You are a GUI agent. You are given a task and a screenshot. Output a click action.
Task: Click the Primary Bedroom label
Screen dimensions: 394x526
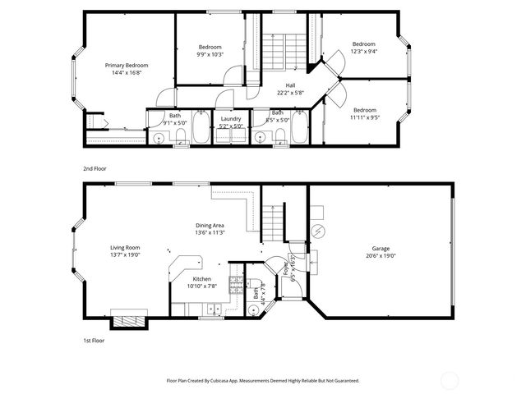click(126, 64)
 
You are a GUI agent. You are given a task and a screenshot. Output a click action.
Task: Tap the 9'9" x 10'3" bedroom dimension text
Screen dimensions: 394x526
click(210, 54)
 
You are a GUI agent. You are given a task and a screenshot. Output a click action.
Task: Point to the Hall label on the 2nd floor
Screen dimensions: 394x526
click(290, 85)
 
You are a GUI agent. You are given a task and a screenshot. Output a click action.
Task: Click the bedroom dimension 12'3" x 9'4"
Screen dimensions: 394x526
click(363, 51)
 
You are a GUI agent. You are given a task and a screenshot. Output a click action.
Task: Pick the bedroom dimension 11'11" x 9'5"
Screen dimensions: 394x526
click(364, 117)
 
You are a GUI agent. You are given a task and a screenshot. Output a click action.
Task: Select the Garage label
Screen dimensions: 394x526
click(380, 248)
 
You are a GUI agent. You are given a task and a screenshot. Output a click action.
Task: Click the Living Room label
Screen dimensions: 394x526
click(126, 248)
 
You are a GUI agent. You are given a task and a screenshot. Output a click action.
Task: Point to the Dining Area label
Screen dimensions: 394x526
click(210, 225)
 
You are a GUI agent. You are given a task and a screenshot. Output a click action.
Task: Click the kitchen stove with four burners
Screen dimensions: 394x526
click(235, 285)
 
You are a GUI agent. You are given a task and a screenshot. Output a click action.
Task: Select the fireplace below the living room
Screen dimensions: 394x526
click(127, 321)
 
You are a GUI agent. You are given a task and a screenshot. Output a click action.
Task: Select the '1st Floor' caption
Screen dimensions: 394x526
click(92, 338)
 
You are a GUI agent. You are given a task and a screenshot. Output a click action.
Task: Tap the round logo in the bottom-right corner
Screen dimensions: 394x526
click(450, 380)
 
